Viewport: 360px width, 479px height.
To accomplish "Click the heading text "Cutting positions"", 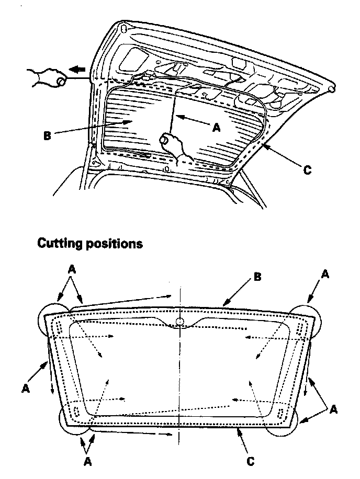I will (x=89, y=244).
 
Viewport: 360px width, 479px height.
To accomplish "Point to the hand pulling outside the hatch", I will (x=48, y=77).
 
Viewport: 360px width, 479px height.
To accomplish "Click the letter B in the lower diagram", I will (x=257, y=277).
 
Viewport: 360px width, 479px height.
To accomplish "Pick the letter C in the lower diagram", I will (x=251, y=462).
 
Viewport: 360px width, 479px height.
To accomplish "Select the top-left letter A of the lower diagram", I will (x=72, y=269).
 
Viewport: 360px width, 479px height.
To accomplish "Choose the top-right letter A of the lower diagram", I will (x=324, y=273).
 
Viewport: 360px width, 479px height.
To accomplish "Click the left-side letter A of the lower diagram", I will (x=25, y=388).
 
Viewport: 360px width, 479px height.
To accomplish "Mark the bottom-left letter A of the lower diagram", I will (x=88, y=461).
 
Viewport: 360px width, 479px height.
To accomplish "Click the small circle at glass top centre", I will (x=179, y=321).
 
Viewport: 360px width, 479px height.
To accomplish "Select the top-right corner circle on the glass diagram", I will (x=309, y=316).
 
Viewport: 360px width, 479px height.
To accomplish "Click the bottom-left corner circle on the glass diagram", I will (x=73, y=421).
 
